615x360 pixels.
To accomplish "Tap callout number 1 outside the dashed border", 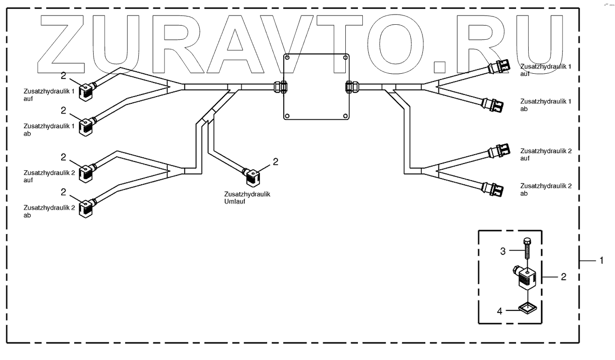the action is (601, 261).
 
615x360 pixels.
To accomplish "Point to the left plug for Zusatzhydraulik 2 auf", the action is (87, 172).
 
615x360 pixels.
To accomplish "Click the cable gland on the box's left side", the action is (280, 87).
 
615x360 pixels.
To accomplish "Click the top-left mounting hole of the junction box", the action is (288, 58).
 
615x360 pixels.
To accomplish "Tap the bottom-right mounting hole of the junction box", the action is (345, 116).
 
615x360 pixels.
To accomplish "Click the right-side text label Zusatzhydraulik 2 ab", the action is (546, 189).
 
